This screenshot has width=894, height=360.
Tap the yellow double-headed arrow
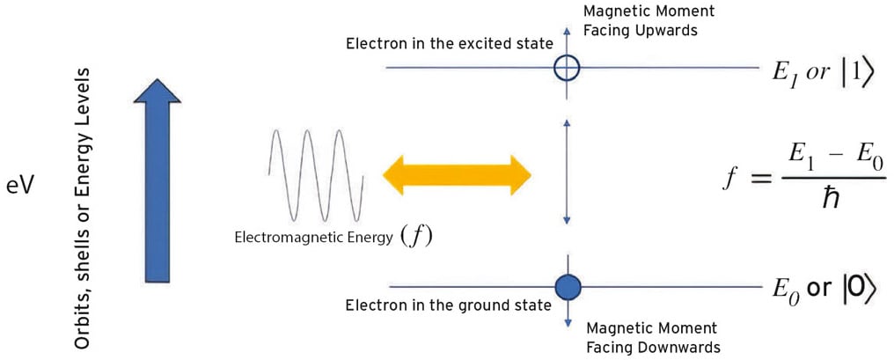[x=457, y=174]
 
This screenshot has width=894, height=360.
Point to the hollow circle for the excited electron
[x=568, y=67]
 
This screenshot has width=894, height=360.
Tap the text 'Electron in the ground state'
[x=448, y=306]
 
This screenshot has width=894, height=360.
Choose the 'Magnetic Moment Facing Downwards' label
[x=653, y=336]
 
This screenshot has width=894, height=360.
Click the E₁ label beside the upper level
[x=784, y=71]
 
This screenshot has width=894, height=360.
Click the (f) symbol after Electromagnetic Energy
[x=416, y=236]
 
